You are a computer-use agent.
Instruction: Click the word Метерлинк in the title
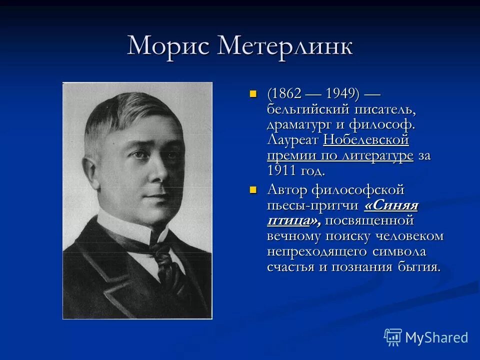(x=285, y=46)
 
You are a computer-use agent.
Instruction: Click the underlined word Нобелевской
(x=366, y=139)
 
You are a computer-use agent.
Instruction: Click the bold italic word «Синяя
(x=391, y=205)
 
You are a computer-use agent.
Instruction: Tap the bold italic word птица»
(x=290, y=220)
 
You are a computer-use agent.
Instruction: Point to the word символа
(x=403, y=251)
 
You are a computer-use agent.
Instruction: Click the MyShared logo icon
(x=393, y=337)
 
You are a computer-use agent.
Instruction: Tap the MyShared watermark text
(x=436, y=337)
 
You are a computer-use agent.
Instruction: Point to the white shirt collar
(x=125, y=225)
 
